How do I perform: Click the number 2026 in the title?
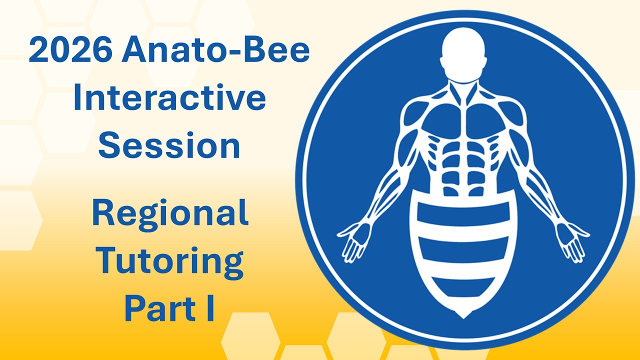[x=70, y=51]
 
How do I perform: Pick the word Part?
[x=158, y=309]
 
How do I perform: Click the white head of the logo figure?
[x=463, y=47]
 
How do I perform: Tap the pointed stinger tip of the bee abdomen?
[x=463, y=313]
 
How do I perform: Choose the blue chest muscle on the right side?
[x=486, y=120]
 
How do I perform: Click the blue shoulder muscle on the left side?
[x=415, y=112]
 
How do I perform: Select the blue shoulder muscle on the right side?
[x=511, y=112]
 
